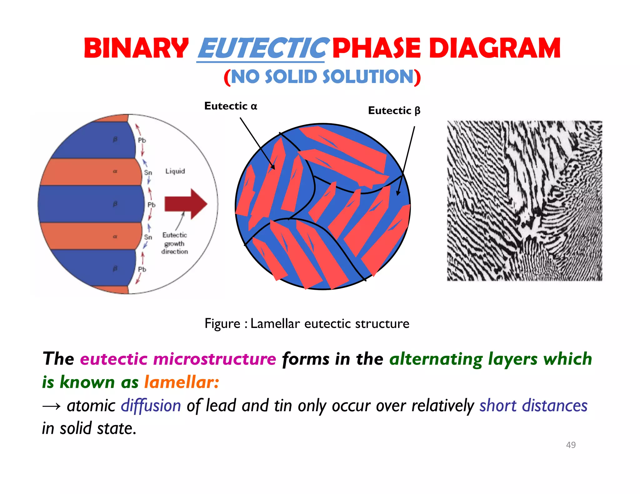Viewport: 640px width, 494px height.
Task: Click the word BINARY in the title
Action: (x=136, y=48)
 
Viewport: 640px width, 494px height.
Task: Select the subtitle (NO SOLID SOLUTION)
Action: (x=322, y=77)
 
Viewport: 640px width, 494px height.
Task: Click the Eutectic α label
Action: (x=231, y=106)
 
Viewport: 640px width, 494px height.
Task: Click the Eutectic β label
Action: (x=394, y=111)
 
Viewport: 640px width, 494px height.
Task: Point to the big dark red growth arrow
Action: (x=186, y=204)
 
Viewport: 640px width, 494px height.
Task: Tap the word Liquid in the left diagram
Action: (x=175, y=171)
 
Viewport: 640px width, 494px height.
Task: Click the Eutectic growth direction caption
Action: (x=175, y=243)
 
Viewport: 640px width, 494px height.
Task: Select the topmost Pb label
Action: (x=142, y=140)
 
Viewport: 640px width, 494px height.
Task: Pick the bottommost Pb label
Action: (x=142, y=269)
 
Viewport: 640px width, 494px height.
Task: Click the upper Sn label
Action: (x=148, y=173)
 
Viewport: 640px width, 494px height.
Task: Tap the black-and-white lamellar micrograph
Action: (x=524, y=201)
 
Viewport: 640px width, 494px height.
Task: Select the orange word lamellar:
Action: (x=182, y=382)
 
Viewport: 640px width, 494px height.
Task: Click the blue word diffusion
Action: (x=151, y=406)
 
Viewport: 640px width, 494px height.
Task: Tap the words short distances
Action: (x=533, y=406)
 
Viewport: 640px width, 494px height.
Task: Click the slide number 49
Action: (x=571, y=445)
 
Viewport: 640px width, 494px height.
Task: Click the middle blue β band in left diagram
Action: (x=91, y=204)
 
